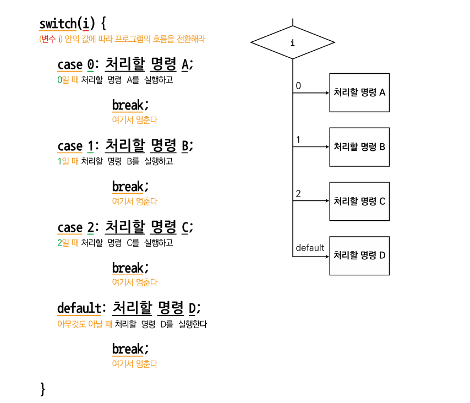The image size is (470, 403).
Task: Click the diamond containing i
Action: tap(293, 42)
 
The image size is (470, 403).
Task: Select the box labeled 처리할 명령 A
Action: tap(359, 92)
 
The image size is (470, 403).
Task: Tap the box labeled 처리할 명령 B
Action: tap(359, 147)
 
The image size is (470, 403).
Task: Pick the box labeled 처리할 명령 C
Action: tap(359, 201)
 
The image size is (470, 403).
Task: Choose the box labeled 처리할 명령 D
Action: tap(359, 255)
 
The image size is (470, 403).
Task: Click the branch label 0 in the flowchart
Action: tap(298, 86)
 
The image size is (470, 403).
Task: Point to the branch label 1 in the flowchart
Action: tap(298, 140)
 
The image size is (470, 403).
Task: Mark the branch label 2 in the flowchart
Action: tap(298, 194)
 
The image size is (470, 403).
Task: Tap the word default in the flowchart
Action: tap(310, 248)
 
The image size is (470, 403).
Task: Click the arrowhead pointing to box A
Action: tap(326, 92)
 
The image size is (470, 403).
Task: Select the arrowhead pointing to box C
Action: tap(326, 201)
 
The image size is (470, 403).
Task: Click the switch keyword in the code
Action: tap(57, 24)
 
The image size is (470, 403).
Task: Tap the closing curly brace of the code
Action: tap(43, 388)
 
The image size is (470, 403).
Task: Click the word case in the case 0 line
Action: tap(70, 65)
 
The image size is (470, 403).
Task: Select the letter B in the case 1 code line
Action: tap(185, 146)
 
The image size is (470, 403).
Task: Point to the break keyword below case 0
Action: tap(128, 105)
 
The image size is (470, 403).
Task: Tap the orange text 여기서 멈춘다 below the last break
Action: tap(135, 364)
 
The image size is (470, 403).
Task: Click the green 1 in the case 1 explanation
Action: tap(59, 161)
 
